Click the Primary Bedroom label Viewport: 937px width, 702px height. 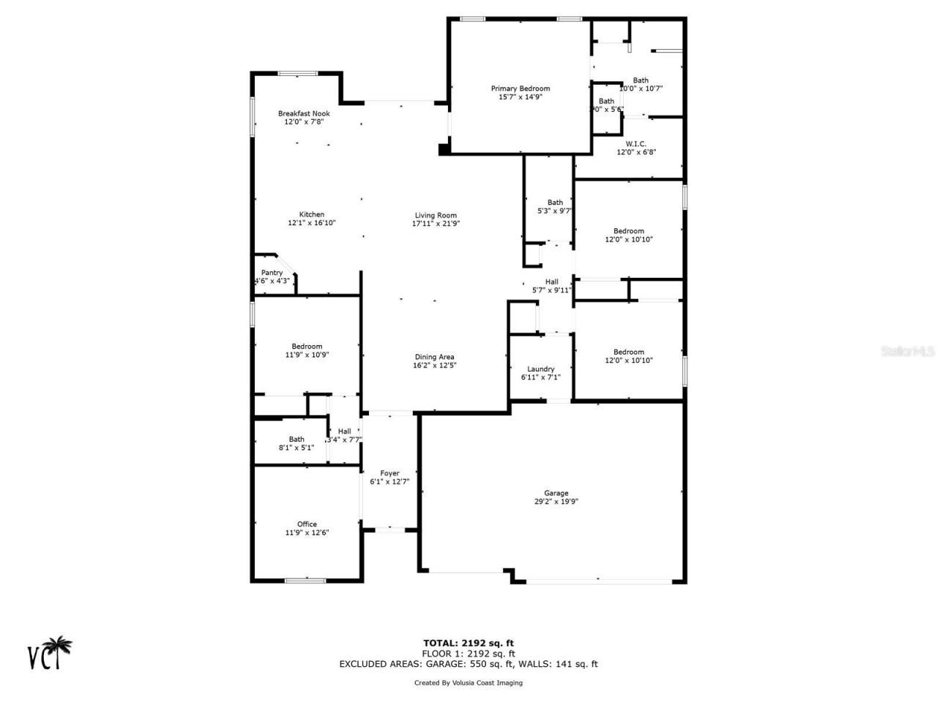point(520,88)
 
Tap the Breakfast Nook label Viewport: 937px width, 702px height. point(304,113)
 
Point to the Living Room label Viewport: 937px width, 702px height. point(436,215)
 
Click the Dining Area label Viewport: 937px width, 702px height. point(435,357)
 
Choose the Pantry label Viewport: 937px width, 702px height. point(272,273)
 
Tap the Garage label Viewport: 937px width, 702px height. point(556,493)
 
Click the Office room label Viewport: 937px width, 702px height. point(307,524)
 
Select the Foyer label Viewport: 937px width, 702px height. point(389,473)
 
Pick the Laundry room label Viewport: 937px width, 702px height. point(540,369)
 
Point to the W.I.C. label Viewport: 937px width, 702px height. point(635,143)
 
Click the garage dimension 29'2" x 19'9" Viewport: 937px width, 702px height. point(556,502)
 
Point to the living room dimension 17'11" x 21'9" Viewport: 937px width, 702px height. point(436,224)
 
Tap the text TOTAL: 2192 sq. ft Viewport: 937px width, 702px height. point(468,643)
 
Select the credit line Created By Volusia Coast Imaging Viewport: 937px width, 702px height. point(468,683)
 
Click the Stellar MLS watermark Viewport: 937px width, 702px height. point(908,351)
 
